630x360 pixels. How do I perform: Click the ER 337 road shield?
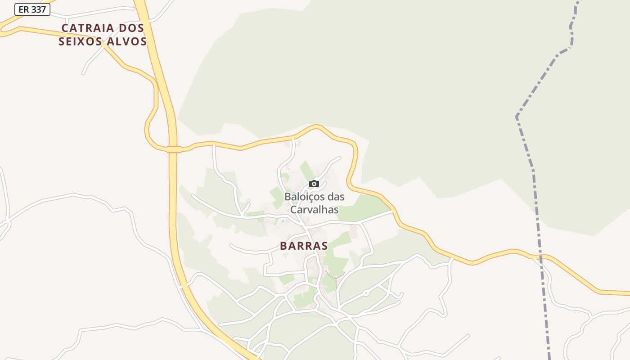tap(32, 9)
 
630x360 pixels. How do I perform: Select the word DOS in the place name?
tap(132, 28)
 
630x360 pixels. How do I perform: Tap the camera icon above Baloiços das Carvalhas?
tap(314, 184)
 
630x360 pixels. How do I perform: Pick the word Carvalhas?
tap(314, 210)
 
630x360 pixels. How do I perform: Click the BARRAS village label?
tap(304, 246)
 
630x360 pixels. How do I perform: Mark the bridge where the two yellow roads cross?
tap(174, 149)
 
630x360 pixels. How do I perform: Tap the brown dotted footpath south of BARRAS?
tap(335, 274)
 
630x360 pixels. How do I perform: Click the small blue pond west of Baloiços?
tap(282, 221)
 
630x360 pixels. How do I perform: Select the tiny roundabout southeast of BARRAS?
tap(366, 293)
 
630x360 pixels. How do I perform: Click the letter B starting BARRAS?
tap(283, 246)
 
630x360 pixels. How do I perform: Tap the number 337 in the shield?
tap(38, 9)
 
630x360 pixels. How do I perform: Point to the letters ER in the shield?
tap(24, 9)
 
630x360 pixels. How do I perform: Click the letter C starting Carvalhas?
tap(293, 210)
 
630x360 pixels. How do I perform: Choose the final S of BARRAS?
tap(324, 246)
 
